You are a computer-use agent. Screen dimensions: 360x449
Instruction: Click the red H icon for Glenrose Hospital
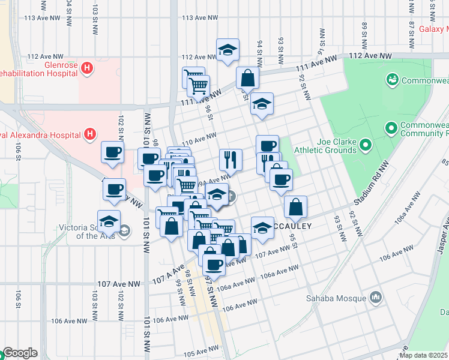pyautogui.click(x=87, y=68)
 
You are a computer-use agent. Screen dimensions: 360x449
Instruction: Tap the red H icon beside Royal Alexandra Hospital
pyautogui.click(x=90, y=133)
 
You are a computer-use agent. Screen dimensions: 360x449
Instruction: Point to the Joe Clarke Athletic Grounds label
pyautogui.click(x=328, y=145)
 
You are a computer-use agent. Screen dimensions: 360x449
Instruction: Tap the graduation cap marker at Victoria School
pyautogui.click(x=109, y=222)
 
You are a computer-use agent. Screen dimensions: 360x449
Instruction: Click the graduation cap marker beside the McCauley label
pyautogui.click(x=262, y=228)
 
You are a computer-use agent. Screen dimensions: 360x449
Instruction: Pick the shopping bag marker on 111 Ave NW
pyautogui.click(x=247, y=78)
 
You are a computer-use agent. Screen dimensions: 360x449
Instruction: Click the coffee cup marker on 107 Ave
pyautogui.click(x=213, y=263)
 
